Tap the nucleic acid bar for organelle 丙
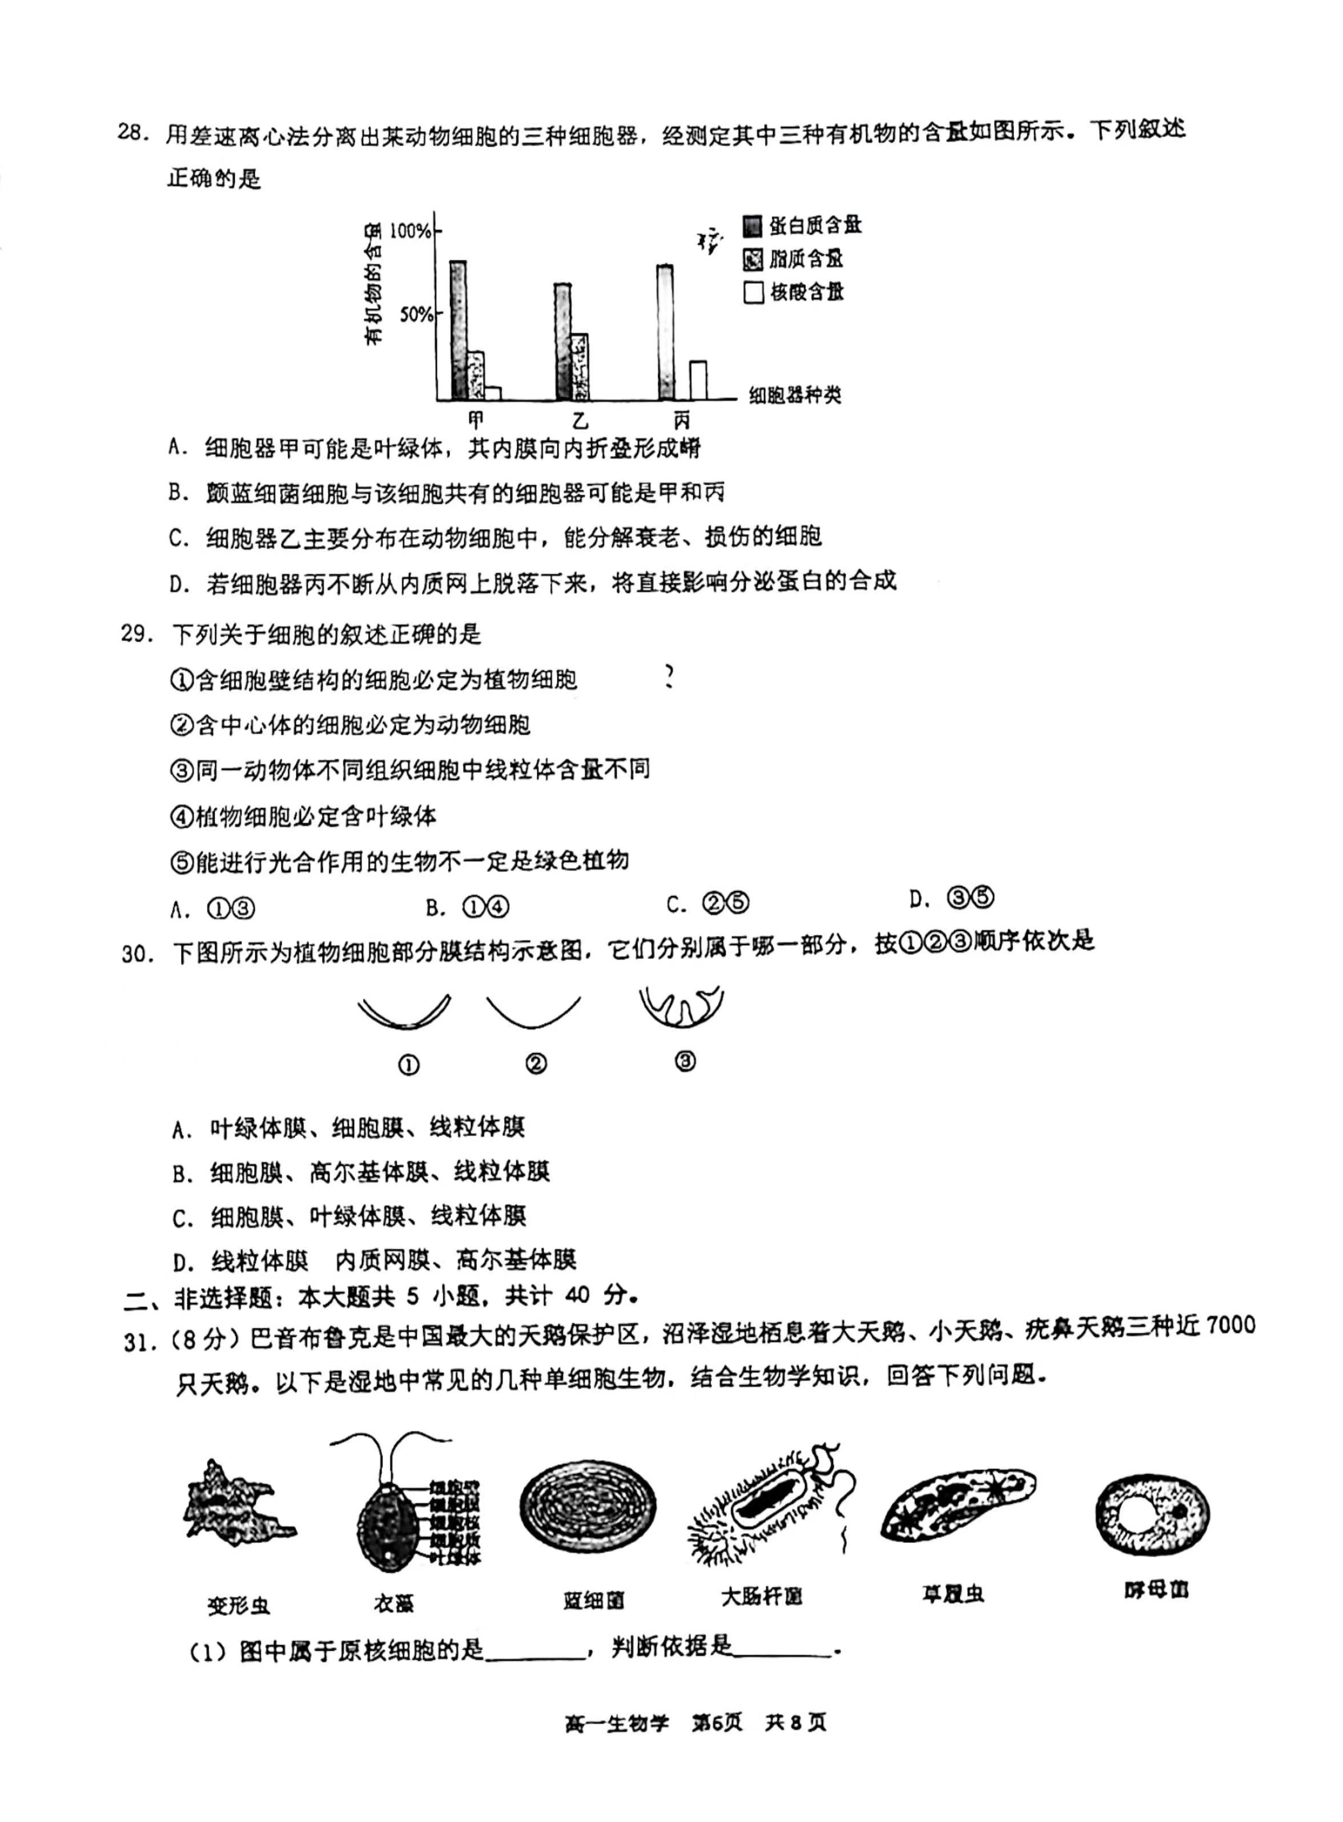click(x=698, y=380)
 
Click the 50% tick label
click(x=416, y=315)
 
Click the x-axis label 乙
click(x=580, y=420)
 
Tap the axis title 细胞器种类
click(x=794, y=396)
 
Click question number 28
click(x=134, y=132)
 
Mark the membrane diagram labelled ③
click(x=681, y=1009)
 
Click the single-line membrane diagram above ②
click(x=533, y=1013)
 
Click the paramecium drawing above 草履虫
click(x=957, y=1505)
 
